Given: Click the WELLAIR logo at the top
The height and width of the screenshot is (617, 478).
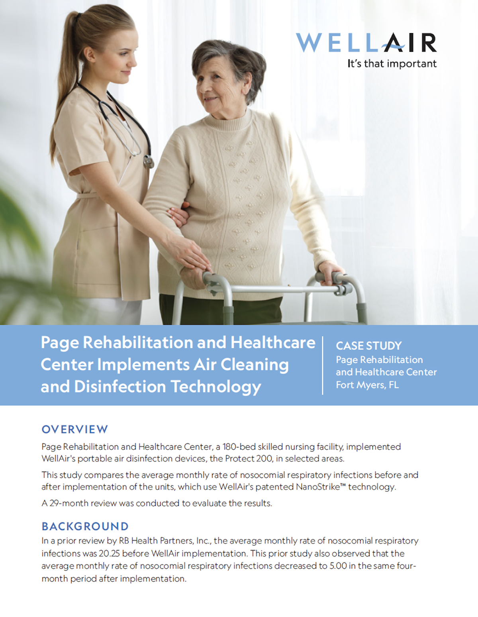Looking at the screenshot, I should click(x=366, y=43).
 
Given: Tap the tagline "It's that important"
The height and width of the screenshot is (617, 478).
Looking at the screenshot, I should click(x=392, y=64).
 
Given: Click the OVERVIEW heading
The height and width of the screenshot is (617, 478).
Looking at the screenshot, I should click(x=75, y=429).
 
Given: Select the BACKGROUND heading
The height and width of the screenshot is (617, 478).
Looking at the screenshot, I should click(x=85, y=527).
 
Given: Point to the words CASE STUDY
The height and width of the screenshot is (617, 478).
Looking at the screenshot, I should click(x=369, y=346).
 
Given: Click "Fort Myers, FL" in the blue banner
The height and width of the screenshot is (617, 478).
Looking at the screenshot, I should click(x=367, y=385).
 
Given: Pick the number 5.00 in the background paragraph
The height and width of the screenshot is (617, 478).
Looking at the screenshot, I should click(x=338, y=566).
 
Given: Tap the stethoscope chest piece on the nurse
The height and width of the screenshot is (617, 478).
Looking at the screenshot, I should click(x=149, y=161).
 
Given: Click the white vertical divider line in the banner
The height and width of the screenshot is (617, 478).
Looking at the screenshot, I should click(x=322, y=365).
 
